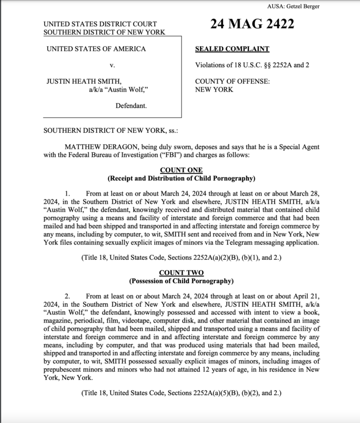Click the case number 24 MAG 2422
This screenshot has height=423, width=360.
252,24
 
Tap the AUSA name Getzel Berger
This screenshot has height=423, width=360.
304,6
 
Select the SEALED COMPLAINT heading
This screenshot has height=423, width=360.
232,49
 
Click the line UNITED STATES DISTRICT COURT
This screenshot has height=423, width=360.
100,24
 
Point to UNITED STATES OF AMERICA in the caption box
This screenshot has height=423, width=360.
96,49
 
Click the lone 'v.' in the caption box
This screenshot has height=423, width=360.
112,65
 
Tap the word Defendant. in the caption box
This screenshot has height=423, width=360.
131,105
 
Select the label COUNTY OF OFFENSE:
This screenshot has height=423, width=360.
232,81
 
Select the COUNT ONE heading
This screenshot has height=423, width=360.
181,170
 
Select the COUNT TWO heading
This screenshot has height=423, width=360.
181,273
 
